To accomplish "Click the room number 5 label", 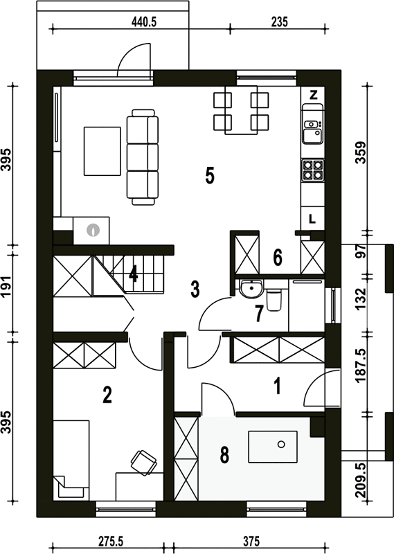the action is (210, 176).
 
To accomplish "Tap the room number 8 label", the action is (224, 455).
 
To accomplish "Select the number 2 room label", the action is (107, 395).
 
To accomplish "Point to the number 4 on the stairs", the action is (133, 274).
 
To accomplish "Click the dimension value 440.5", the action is (144, 22).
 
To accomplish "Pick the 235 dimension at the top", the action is (280, 22).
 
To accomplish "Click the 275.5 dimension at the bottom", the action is (110, 542).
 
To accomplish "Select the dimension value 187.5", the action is (361, 365).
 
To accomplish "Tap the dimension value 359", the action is (361, 152).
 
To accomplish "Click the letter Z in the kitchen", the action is (314, 95).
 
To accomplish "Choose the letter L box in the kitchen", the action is (312, 219).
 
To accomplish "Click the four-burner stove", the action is (313, 170).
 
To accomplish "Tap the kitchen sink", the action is (313, 129).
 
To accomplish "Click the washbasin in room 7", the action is (251, 288).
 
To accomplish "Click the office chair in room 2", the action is (144, 462).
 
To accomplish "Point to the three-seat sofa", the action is (143, 157).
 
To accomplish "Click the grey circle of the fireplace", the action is (93, 231).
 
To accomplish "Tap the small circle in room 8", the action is (281, 445).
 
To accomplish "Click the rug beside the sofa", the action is (102, 151).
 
